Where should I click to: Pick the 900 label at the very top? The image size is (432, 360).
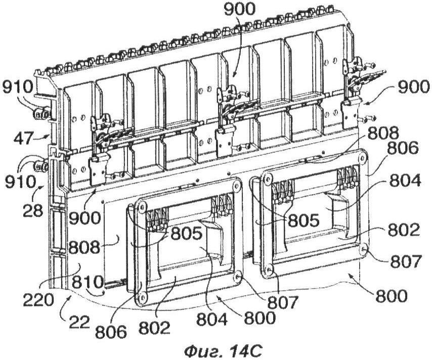pos(239,11)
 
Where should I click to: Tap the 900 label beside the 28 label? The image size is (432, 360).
pos(84,218)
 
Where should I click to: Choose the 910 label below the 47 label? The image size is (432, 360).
pos(20,182)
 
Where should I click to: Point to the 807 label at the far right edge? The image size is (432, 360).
pos(405,261)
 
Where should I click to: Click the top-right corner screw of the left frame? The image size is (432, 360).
pos(236,185)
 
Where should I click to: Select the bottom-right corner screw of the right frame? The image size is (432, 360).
pos(363,248)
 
